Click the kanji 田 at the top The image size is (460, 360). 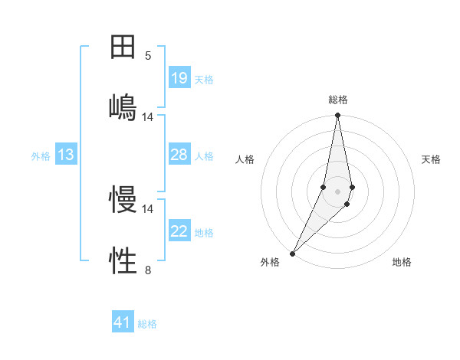tap(123, 47)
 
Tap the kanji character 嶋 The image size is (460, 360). tap(123, 104)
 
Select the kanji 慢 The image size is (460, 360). tap(123, 201)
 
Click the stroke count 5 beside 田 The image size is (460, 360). tap(148, 55)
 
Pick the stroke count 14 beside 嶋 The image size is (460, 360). tap(148, 117)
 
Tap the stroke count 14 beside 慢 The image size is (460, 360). tap(148, 208)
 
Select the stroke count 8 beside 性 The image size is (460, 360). tap(148, 270)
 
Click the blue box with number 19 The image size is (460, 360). tap(179, 78)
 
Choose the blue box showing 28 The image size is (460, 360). tap(179, 155)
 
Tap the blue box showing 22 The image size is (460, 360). tap(179, 232)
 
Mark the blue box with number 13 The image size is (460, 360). tap(66, 155)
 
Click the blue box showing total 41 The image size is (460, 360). tap(123, 323)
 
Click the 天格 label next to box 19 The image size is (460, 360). tap(204, 79)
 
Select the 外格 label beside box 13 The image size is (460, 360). tap(41, 156)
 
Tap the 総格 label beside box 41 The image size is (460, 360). tap(147, 324)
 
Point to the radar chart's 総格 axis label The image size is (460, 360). tap(338, 100)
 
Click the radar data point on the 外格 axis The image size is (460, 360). tap(292, 253)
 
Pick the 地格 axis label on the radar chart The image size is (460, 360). tap(402, 262)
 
